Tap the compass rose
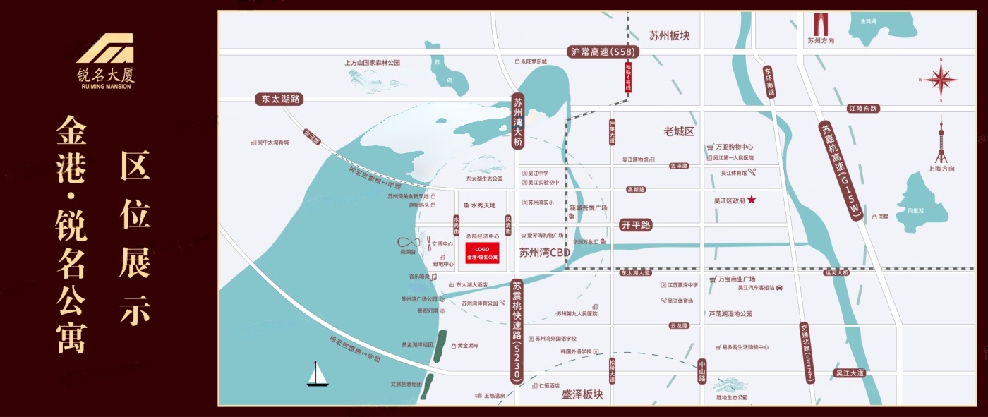[x=941, y=80]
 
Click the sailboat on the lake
[x=318, y=374]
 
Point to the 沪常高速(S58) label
[x=605, y=52]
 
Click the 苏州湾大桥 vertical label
[x=519, y=122]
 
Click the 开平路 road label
[x=635, y=225]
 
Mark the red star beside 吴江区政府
[x=752, y=200]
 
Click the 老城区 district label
[x=679, y=132]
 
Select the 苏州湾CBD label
[x=544, y=253]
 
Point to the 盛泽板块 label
[x=582, y=394]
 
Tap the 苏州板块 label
[x=669, y=35]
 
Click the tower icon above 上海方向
[x=941, y=141]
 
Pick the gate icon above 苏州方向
[x=821, y=25]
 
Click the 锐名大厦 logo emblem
[x=105, y=48]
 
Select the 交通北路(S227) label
[x=806, y=353]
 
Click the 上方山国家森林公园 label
[x=372, y=63]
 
